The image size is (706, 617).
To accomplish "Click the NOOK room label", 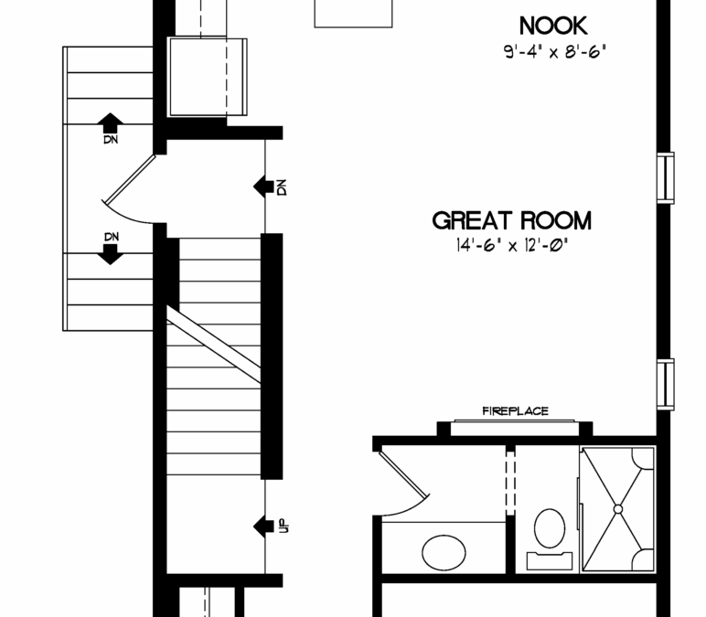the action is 553,26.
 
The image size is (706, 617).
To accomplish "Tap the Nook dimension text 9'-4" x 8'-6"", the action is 555,52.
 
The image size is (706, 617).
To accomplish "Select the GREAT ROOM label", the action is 512,220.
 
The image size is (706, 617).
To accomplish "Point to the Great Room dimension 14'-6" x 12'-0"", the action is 512,246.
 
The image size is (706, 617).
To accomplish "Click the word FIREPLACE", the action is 515,411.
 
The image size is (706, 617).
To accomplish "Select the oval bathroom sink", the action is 444,553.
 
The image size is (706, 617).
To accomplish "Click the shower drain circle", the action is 618,509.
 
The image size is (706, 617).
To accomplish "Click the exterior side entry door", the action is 129,179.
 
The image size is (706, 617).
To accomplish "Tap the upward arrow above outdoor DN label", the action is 111,122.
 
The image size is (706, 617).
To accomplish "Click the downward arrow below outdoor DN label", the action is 111,254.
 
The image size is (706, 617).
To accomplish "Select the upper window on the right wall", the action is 666,178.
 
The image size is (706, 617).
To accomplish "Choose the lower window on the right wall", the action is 666,384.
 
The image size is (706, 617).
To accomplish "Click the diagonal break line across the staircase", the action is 214,345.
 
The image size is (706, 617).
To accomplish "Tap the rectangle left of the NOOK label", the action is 353,14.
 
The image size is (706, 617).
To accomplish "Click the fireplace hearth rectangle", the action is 515,428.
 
